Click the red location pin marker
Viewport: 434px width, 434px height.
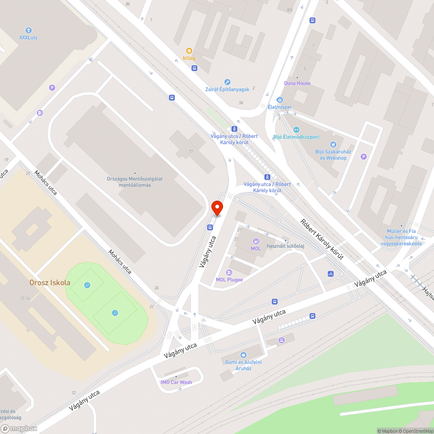(x=217, y=208)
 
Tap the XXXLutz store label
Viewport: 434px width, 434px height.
(x=28, y=37)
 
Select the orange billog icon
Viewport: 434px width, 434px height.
(x=189, y=51)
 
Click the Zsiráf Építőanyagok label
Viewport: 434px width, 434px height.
(x=227, y=89)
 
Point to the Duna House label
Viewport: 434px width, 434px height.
(x=297, y=83)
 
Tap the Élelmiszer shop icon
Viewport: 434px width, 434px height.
(x=279, y=100)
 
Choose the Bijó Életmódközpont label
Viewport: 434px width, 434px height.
(x=296, y=137)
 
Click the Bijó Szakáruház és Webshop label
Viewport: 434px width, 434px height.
(x=333, y=155)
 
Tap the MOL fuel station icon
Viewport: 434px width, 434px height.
(x=256, y=241)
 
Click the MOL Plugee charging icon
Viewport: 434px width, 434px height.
(x=229, y=272)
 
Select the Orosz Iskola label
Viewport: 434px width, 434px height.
(x=49, y=283)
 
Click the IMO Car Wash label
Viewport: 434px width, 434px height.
(x=176, y=382)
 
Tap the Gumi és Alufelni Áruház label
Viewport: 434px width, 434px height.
(x=243, y=365)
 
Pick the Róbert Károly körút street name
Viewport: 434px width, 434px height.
(x=322, y=239)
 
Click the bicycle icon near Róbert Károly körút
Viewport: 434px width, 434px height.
(x=331, y=274)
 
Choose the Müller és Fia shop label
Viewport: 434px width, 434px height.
(x=404, y=237)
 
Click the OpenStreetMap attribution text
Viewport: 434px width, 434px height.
(x=415, y=431)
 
